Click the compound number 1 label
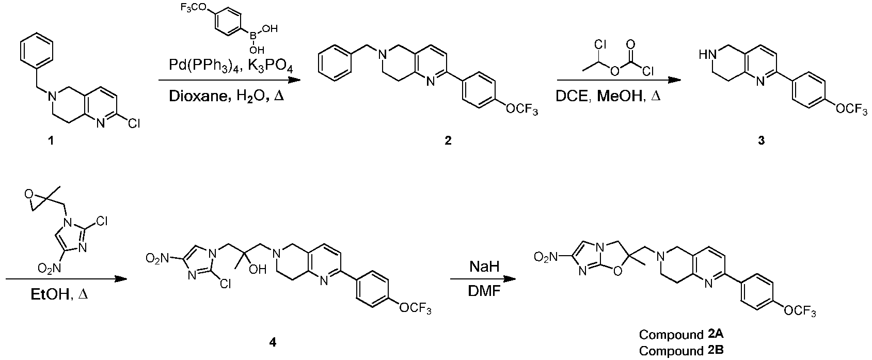51,140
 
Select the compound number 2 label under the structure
448,140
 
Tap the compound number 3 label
761,140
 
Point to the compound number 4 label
273,342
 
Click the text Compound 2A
681,334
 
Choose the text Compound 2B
681,350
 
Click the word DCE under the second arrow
571,96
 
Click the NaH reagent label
484,267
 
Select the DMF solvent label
484,291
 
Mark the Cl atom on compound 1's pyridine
134,123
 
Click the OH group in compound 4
257,269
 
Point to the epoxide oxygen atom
28,194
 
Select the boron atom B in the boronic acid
253,36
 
